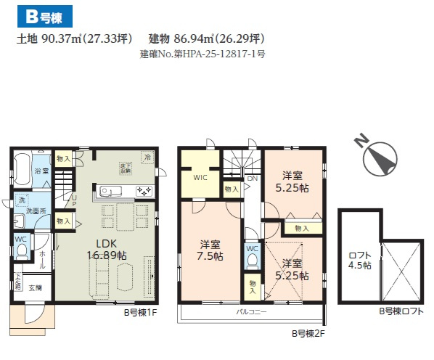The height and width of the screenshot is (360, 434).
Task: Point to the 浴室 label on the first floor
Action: click(x=41, y=171)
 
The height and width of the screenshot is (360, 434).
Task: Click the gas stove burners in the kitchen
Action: click(x=143, y=192)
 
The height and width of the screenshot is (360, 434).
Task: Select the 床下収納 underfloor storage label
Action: click(x=126, y=168)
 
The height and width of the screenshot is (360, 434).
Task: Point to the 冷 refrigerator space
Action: click(x=147, y=157)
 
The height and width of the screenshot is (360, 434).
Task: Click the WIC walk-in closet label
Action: click(x=200, y=176)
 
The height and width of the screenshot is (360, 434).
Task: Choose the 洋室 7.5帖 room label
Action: click(x=211, y=251)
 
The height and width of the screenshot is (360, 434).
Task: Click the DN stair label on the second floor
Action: click(x=252, y=179)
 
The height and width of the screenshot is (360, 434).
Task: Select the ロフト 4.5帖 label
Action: click(x=360, y=260)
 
